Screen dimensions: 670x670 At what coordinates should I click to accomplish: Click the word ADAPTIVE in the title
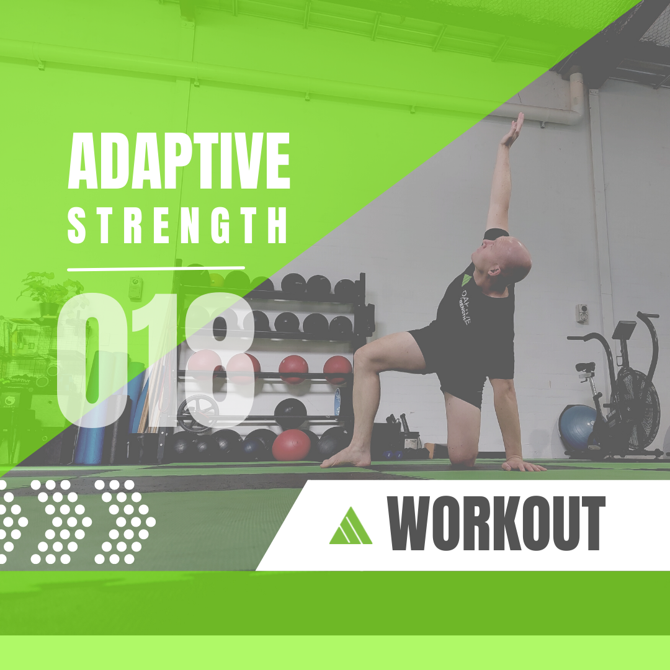pyautogui.click(x=179, y=161)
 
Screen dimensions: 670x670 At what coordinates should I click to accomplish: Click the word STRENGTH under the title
pyautogui.click(x=177, y=225)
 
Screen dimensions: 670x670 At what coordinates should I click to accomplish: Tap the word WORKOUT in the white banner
pyautogui.click(x=496, y=524)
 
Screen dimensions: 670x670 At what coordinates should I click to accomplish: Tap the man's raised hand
pyautogui.click(x=513, y=130)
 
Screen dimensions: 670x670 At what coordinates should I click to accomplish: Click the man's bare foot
pyautogui.click(x=346, y=458)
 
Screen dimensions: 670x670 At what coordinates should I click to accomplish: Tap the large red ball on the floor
pyautogui.click(x=292, y=445)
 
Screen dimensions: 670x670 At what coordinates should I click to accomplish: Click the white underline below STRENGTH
pyautogui.click(x=156, y=269)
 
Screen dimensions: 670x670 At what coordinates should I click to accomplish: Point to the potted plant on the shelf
pyautogui.click(x=49, y=293)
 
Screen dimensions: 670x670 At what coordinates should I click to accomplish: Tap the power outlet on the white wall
pyautogui.click(x=581, y=313)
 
